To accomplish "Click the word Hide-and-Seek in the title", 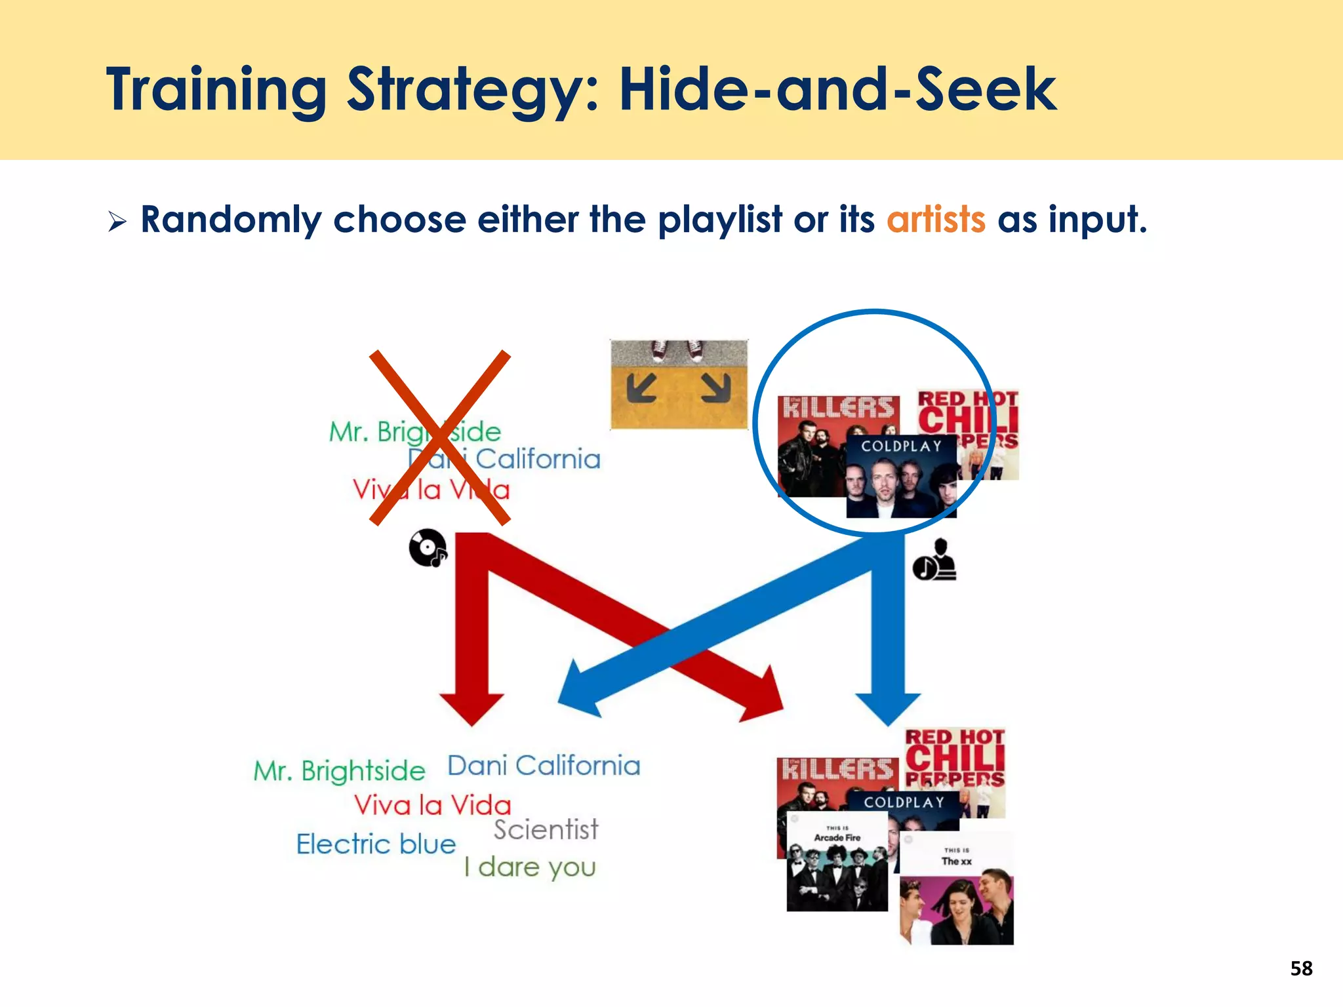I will pyautogui.click(x=837, y=90).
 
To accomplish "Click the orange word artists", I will pyautogui.click(x=936, y=220).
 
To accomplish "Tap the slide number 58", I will pyautogui.click(x=1301, y=968).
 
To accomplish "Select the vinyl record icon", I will pyautogui.click(x=428, y=547).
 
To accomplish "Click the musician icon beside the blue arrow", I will pyautogui.click(x=934, y=561).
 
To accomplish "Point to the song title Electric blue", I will pyautogui.click(x=376, y=844).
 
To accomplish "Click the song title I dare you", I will pyautogui.click(x=530, y=867).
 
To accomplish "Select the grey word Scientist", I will pyautogui.click(x=546, y=830).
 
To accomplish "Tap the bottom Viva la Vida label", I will pyautogui.click(x=432, y=805).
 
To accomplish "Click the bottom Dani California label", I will pyautogui.click(x=544, y=766).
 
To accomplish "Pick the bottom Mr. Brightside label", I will pyautogui.click(x=339, y=771).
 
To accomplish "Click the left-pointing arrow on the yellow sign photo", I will pyautogui.click(x=641, y=387).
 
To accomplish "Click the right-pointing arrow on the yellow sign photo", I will pyautogui.click(x=716, y=387).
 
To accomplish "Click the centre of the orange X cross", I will pyautogui.click(x=440, y=437).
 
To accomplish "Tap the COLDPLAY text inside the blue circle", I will pyautogui.click(x=901, y=446).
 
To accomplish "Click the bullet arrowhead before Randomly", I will pyautogui.click(x=117, y=222).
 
